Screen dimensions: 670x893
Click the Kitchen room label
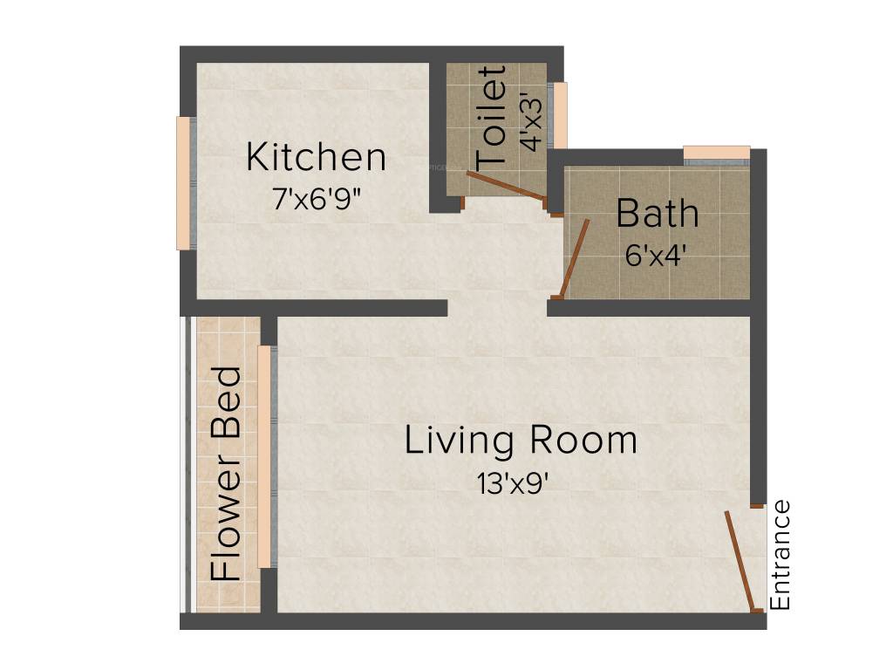(x=316, y=158)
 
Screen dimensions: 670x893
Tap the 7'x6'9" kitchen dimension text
(x=316, y=199)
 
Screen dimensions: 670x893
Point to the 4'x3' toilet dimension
(x=530, y=122)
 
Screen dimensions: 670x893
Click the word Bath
(x=658, y=214)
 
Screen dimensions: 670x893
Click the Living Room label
(x=521, y=441)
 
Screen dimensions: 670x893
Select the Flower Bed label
(x=227, y=474)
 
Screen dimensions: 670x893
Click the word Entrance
(x=781, y=555)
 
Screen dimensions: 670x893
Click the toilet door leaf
(x=506, y=186)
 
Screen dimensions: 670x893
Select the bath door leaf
(x=575, y=258)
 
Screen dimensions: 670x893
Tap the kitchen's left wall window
(x=184, y=183)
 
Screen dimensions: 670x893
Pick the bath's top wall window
(x=716, y=154)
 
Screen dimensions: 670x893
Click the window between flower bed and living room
(x=264, y=456)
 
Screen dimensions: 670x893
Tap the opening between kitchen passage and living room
(x=497, y=308)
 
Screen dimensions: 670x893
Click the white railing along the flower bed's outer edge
(x=185, y=465)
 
